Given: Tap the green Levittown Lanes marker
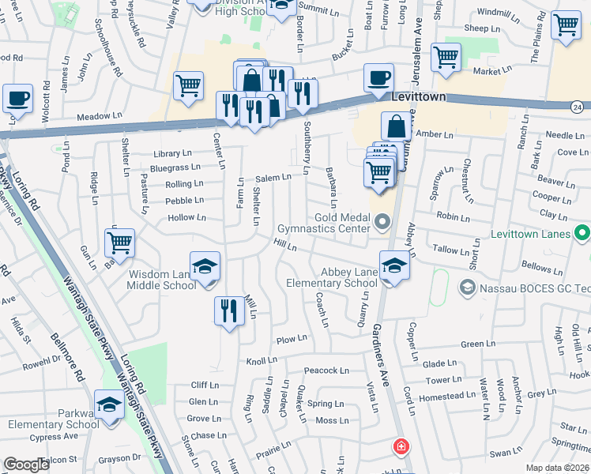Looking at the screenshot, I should click(582, 233).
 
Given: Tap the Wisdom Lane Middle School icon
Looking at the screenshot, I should click(205, 266).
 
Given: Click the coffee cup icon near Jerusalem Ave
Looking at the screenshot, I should click(378, 77).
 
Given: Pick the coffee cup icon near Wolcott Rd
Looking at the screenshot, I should click(17, 99).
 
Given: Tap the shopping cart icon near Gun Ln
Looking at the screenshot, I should click(120, 242).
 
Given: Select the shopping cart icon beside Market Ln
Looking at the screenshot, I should click(446, 57).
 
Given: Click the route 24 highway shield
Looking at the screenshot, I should click(578, 106).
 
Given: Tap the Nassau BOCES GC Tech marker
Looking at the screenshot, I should click(467, 287).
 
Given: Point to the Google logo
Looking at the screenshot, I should click(26, 465).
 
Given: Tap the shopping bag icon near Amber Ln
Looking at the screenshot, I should click(396, 126).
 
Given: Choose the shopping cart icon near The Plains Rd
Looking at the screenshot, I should click(566, 26).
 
